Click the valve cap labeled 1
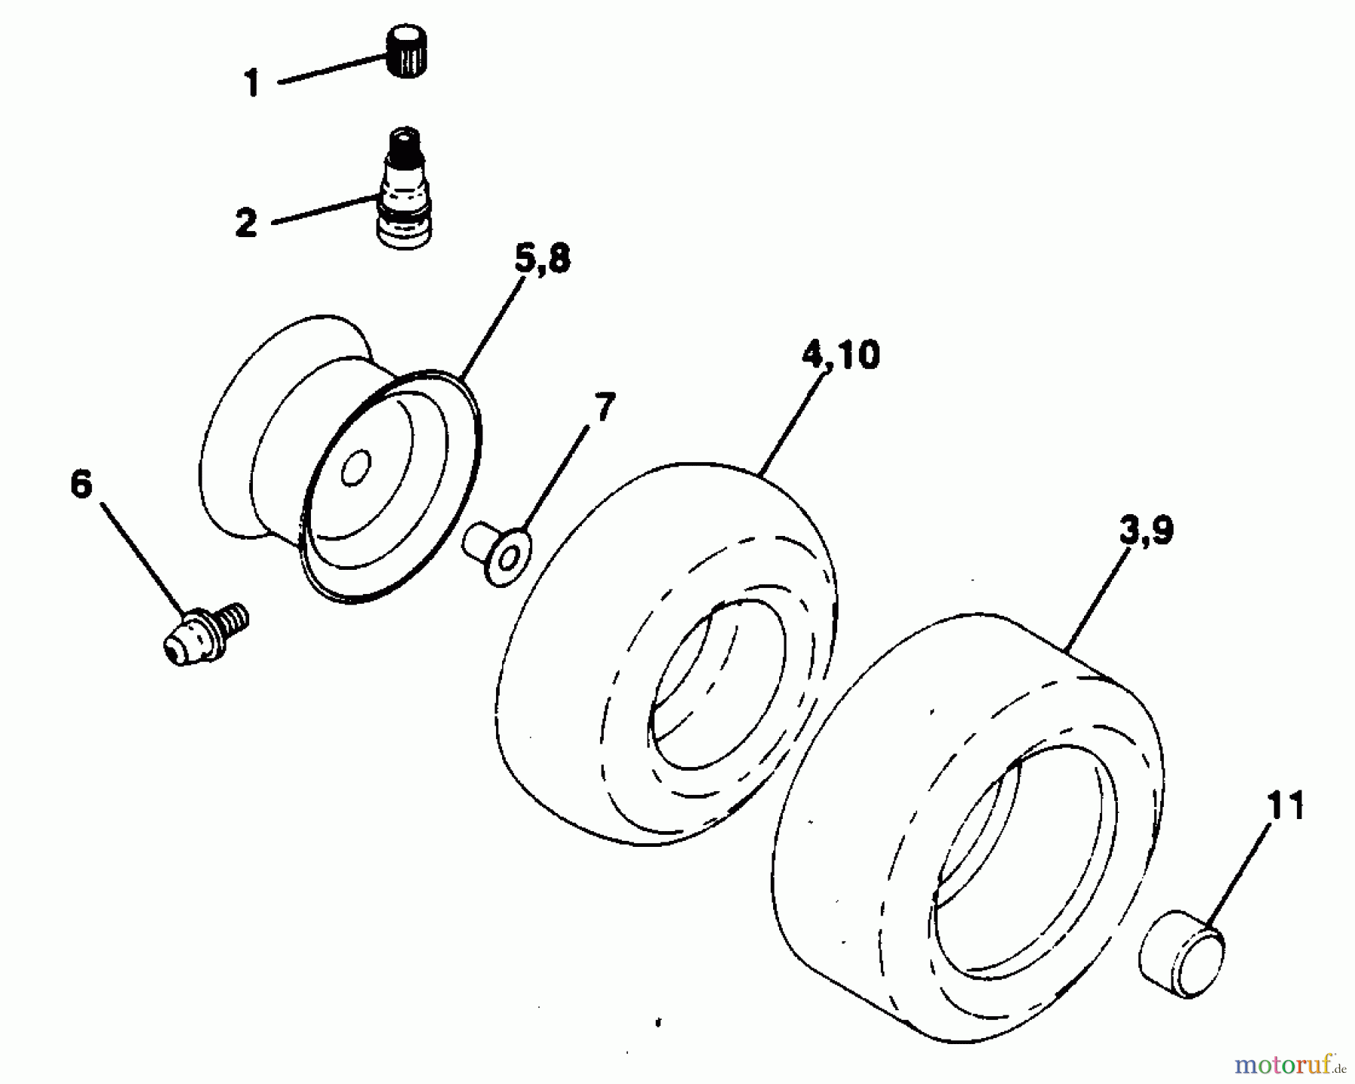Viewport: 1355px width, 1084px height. [x=406, y=50]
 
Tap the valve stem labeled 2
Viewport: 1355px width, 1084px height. [x=406, y=192]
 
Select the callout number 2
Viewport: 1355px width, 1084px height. [x=245, y=224]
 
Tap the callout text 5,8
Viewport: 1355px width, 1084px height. [x=543, y=260]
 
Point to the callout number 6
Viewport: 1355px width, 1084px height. [x=81, y=484]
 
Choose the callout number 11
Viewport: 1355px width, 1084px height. [x=1284, y=807]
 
